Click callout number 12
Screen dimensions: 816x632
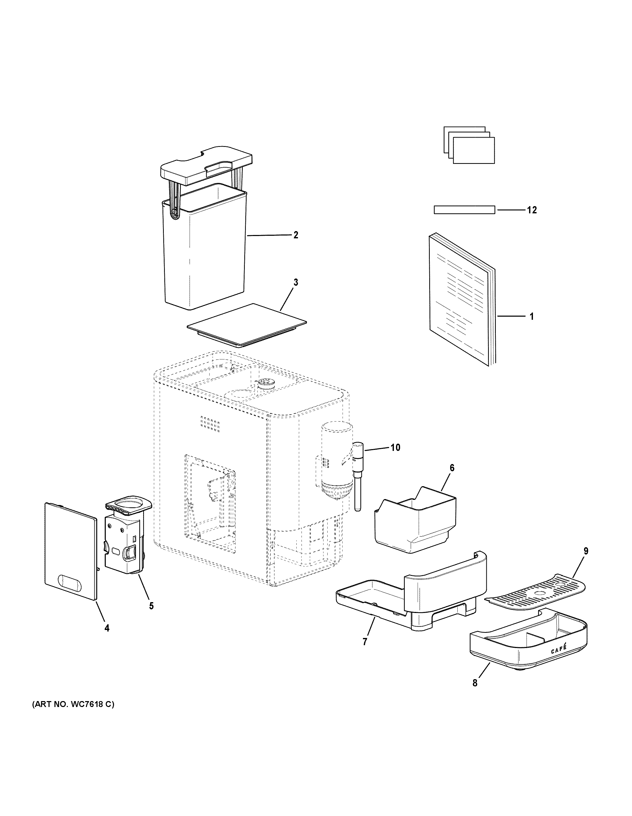pyautogui.click(x=531, y=210)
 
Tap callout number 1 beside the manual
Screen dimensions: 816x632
pyautogui.click(x=531, y=316)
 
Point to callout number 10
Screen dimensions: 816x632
pyautogui.click(x=395, y=447)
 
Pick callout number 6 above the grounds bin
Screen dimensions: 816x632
pyautogui.click(x=452, y=468)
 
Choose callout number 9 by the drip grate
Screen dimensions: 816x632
pyautogui.click(x=586, y=551)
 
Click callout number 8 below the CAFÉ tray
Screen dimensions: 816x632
pyautogui.click(x=475, y=683)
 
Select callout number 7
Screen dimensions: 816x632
pyautogui.click(x=364, y=642)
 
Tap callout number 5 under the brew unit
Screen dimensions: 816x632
pyautogui.click(x=151, y=606)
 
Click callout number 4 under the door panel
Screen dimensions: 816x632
pyautogui.click(x=107, y=628)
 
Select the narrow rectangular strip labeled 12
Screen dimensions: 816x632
pyautogui.click(x=464, y=210)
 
